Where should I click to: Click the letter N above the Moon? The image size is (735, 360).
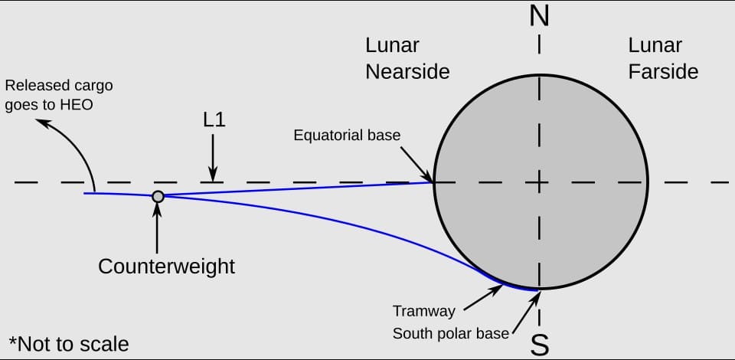(539, 17)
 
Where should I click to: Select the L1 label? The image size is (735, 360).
(214, 120)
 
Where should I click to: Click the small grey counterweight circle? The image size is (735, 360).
(158, 196)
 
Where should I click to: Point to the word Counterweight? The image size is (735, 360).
(166, 267)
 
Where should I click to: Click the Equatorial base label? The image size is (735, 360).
(347, 136)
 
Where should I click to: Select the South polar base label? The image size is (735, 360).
(450, 333)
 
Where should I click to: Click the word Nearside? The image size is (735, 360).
(407, 72)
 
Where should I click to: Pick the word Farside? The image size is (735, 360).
(663, 72)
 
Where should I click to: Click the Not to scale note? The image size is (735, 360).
(69, 344)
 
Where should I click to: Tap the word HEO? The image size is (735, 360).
(77, 104)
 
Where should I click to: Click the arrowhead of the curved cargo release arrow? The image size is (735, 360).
(42, 123)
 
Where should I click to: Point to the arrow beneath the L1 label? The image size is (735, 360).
(213, 158)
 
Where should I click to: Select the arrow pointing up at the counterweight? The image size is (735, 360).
(157, 227)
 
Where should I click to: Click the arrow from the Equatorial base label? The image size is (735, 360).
(416, 164)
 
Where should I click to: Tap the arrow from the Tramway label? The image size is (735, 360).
(483, 298)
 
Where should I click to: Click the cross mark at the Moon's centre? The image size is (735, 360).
(540, 182)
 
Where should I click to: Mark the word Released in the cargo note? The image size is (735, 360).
(31, 87)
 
